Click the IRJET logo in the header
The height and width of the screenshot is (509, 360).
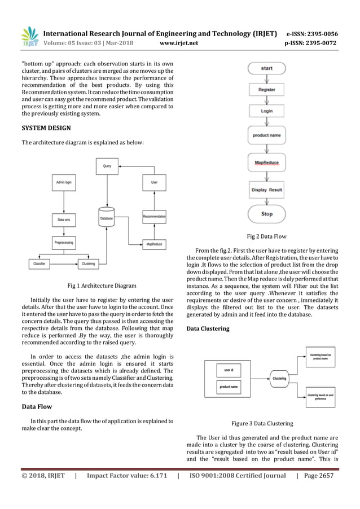(29, 37)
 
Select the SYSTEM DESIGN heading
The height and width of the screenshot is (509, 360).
(46, 128)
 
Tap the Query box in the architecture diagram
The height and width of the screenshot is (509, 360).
(107, 166)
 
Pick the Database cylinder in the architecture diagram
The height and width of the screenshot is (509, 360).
(107, 218)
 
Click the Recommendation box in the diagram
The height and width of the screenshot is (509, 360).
(153, 216)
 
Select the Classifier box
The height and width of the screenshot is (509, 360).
(40, 263)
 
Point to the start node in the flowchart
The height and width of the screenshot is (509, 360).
(267, 68)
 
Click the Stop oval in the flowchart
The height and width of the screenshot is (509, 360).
(267, 214)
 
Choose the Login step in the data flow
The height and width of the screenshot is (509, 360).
(267, 111)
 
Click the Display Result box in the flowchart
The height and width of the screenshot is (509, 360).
(267, 190)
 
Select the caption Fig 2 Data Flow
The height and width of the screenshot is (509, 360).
(267, 238)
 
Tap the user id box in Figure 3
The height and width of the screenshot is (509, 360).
(230, 370)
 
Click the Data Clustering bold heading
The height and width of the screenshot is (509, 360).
(208, 328)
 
